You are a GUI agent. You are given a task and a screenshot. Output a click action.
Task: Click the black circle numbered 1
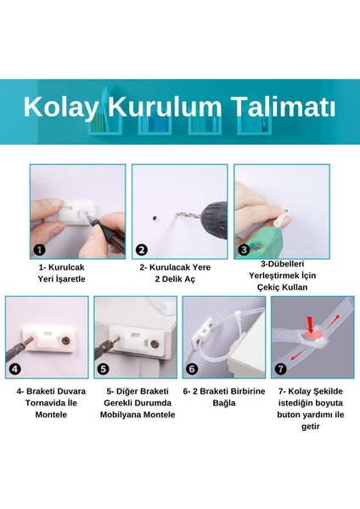click(39, 249)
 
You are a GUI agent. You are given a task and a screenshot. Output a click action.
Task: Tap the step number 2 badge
click(142, 249)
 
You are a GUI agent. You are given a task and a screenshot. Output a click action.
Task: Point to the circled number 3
click(244, 249)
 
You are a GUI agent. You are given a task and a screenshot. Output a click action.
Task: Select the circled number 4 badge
click(15, 369)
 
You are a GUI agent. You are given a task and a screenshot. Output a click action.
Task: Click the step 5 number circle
click(104, 369)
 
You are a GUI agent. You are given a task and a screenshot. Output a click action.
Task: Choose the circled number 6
click(193, 369)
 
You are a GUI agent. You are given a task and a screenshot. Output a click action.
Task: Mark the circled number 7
click(281, 369)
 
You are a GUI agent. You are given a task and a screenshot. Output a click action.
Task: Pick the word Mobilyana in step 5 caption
click(118, 415)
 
